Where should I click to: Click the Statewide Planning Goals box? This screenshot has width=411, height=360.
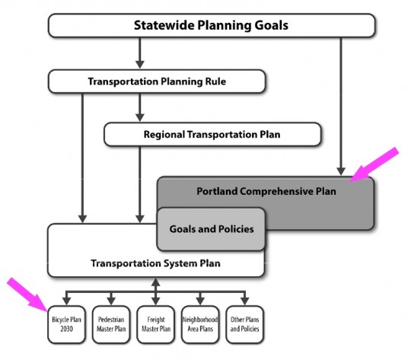pyautogui.click(x=212, y=25)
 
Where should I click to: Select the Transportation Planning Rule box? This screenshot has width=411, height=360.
pyautogui.click(x=157, y=81)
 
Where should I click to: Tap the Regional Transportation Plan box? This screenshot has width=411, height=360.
pyautogui.click(x=212, y=134)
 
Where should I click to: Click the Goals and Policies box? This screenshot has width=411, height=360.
pyautogui.click(x=211, y=229)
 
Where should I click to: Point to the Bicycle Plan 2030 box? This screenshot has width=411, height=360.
pyautogui.click(x=66, y=324)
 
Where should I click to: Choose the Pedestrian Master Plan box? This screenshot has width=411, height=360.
pyautogui.click(x=111, y=324)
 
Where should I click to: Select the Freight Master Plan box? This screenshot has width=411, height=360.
pyautogui.click(x=156, y=324)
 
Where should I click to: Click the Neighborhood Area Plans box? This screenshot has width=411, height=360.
pyautogui.click(x=200, y=324)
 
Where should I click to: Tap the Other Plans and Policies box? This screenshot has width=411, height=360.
pyautogui.click(x=245, y=324)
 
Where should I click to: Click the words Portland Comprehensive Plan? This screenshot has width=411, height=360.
pyautogui.click(x=266, y=191)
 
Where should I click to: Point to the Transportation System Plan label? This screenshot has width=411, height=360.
pyautogui.click(x=155, y=263)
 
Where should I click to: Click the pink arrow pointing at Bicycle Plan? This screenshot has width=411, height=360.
pyautogui.click(x=27, y=295)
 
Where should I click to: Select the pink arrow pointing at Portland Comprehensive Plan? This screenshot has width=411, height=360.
pyautogui.click(x=374, y=164)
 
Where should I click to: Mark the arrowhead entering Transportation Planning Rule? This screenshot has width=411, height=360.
pyautogui.click(x=140, y=64)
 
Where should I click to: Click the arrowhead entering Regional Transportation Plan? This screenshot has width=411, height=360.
pyautogui.click(x=140, y=117)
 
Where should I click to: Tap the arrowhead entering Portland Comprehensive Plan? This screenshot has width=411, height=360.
pyautogui.click(x=341, y=171)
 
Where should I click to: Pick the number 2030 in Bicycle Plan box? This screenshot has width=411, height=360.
pyautogui.click(x=66, y=329)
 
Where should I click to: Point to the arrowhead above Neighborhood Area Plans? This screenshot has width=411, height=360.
pyautogui.click(x=200, y=301)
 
